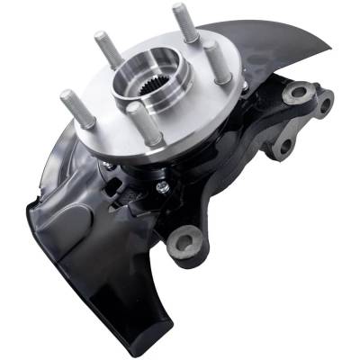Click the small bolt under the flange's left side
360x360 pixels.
108,166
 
